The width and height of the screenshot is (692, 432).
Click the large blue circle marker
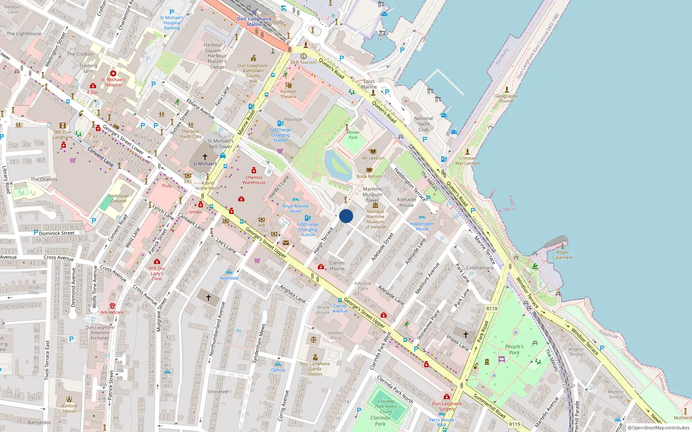346,216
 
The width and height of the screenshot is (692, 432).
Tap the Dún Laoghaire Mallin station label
254,22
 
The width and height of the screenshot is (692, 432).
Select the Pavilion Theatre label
288,94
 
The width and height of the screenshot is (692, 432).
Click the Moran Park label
353,135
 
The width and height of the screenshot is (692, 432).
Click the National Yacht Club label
423,124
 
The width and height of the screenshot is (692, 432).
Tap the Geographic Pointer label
507,98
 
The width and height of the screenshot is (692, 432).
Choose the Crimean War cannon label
467,161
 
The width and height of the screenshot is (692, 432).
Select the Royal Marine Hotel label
295,209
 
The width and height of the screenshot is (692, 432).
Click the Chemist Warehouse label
254,180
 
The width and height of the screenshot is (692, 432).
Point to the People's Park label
514,349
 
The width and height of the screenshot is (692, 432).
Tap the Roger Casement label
563,255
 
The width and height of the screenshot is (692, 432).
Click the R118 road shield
492,308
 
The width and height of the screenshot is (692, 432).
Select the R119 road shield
515,424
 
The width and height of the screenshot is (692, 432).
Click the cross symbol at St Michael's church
205,156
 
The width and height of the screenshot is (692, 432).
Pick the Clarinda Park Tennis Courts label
386,406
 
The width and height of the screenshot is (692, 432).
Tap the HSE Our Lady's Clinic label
157,273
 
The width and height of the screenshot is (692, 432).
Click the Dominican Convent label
119,198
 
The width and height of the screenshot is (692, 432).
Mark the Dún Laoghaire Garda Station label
315,368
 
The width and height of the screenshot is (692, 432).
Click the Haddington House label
422,226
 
